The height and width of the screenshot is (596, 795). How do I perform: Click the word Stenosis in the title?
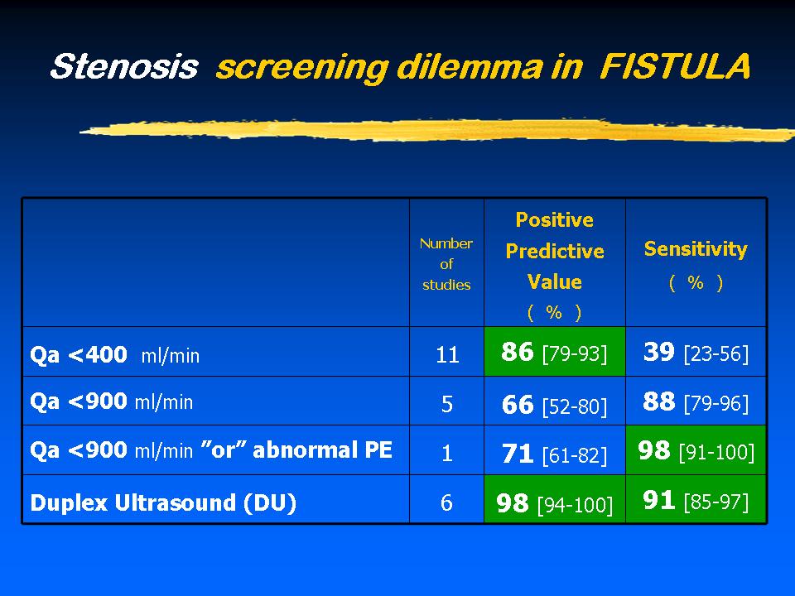click(124, 66)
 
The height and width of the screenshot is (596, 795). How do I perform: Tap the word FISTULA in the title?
click(675, 66)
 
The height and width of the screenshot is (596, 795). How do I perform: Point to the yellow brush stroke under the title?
click(437, 130)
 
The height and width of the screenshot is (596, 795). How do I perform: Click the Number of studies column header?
click(446, 264)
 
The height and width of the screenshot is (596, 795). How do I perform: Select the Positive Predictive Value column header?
click(555, 266)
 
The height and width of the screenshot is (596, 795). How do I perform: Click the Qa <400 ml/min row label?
click(114, 355)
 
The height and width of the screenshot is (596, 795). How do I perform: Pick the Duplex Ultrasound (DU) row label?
click(163, 502)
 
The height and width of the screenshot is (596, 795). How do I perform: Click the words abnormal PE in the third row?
click(322, 450)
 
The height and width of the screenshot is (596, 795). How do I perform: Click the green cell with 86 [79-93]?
click(555, 352)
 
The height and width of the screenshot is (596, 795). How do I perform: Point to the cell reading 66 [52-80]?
click(555, 401)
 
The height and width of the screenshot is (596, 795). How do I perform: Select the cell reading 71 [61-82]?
click(555, 450)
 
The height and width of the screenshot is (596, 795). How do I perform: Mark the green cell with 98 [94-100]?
click(555, 499)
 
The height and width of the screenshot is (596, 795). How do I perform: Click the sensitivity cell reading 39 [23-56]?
click(696, 352)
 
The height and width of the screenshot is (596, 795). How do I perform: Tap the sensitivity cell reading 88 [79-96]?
click(696, 401)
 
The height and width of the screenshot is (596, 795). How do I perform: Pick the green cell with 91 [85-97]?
click(696, 499)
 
